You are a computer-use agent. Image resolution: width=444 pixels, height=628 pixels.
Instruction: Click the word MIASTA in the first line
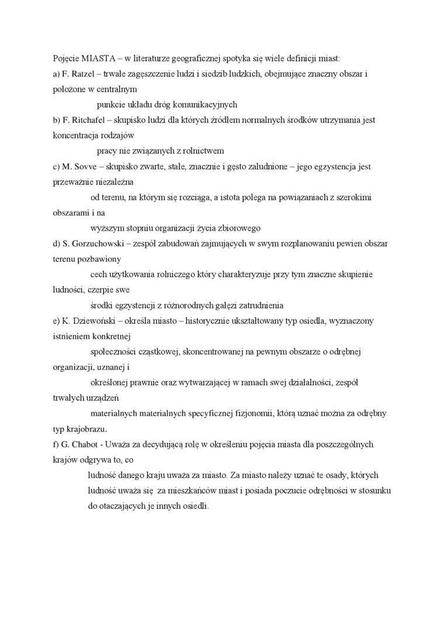[x=93, y=59]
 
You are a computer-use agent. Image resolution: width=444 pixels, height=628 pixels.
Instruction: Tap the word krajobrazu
[x=88, y=429]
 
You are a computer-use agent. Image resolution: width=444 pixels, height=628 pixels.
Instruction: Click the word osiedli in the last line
[x=195, y=506]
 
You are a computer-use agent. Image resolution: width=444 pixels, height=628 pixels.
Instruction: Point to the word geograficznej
[x=186, y=59]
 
